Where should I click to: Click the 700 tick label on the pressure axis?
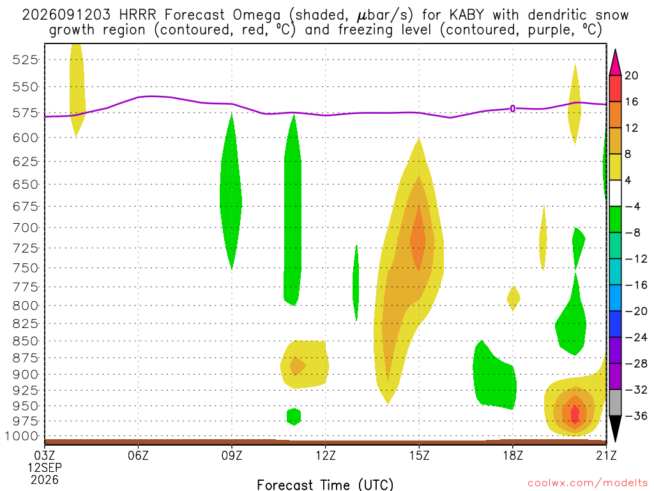(26, 228)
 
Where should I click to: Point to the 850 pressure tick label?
(26, 341)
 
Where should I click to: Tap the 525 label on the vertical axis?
(26, 59)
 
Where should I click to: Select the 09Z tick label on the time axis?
(231, 455)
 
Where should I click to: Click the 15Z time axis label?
(419, 455)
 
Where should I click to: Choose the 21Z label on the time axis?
(607, 455)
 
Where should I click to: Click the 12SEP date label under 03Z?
(45, 467)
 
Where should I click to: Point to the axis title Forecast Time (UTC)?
(325, 485)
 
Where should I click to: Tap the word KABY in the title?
(466, 15)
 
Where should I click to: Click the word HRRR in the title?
(137, 15)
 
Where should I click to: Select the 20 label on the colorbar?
(632, 75)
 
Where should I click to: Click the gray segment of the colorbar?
(615, 403)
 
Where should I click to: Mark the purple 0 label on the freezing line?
(513, 109)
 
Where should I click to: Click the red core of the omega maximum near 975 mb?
(575, 414)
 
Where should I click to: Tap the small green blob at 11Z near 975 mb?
(294, 417)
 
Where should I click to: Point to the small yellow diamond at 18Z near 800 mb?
(513, 298)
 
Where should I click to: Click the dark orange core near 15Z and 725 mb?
(418, 240)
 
